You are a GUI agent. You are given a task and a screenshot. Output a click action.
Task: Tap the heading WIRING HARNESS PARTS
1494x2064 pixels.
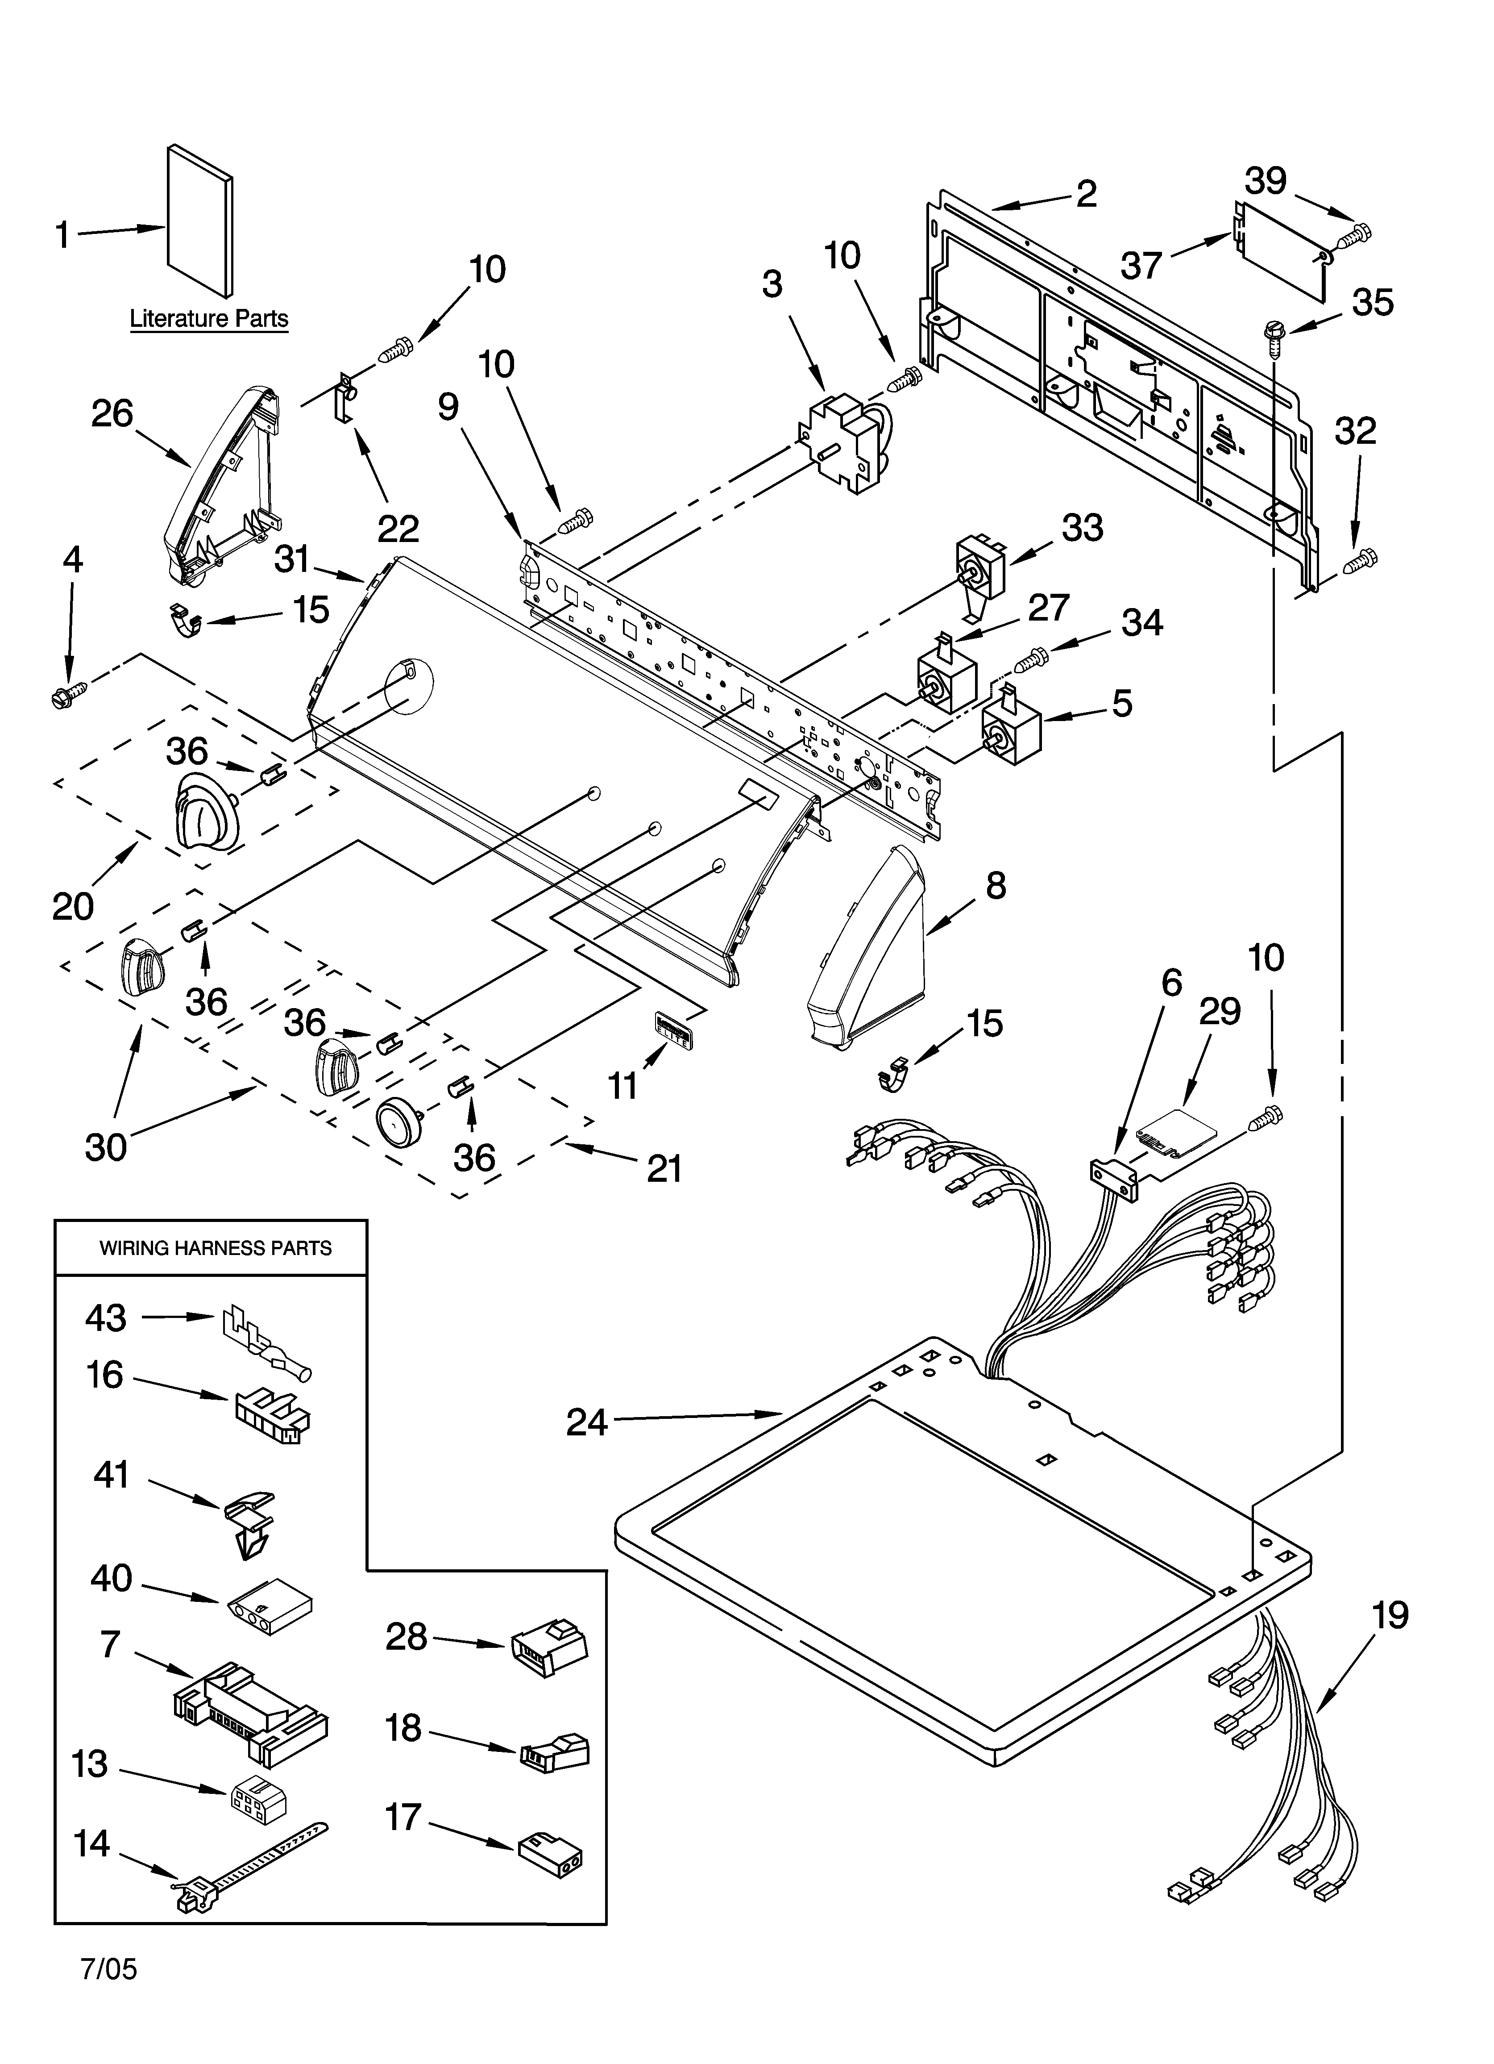pyautogui.click(x=216, y=1248)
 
